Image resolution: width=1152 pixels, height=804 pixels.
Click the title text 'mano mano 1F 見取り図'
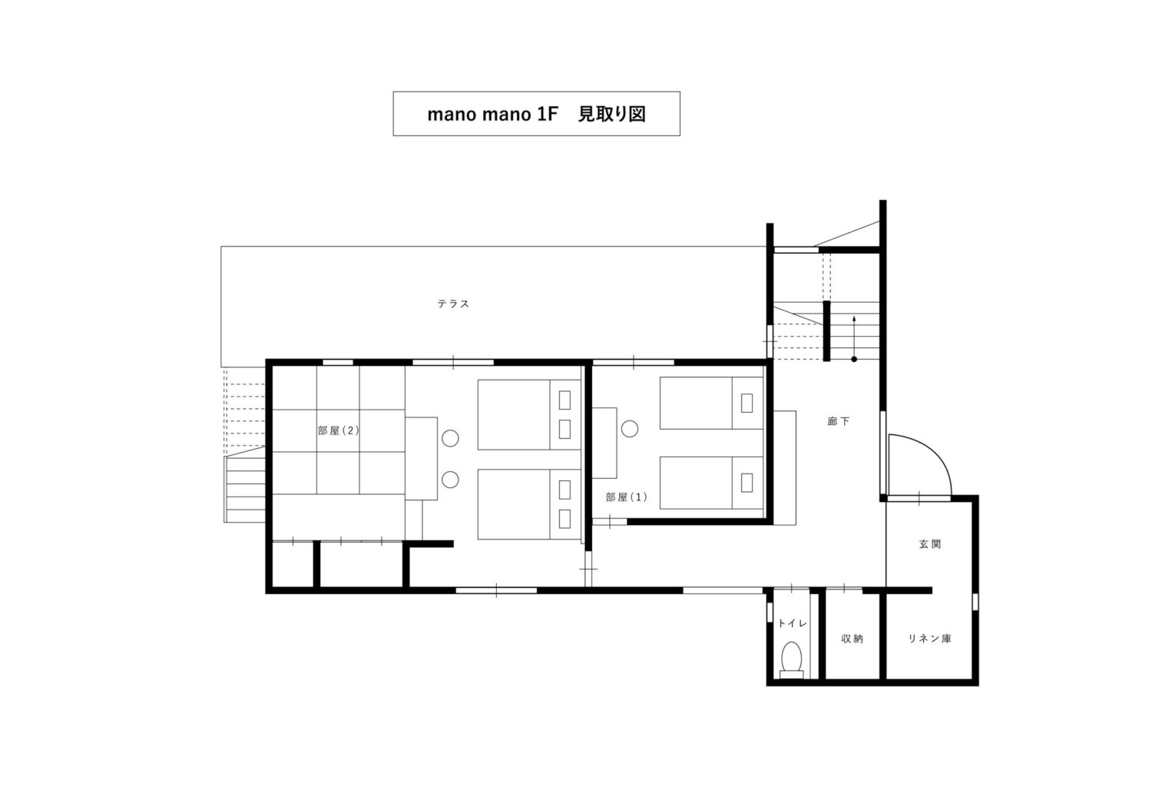click(x=536, y=114)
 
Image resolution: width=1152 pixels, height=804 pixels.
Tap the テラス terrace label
click(x=453, y=304)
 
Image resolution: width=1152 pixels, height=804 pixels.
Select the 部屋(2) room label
click(x=338, y=430)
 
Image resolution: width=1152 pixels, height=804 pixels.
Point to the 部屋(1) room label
click(x=626, y=497)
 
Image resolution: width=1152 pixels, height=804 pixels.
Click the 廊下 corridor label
click(x=839, y=421)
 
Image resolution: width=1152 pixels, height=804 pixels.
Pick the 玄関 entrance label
click(x=930, y=543)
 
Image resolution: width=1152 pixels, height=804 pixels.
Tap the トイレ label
click(x=792, y=623)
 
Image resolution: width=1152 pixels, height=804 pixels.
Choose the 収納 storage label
click(x=852, y=638)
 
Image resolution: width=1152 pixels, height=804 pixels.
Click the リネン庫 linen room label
click(x=929, y=638)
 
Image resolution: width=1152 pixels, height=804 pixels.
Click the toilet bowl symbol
click(x=792, y=660)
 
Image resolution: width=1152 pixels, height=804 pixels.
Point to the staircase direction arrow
click(x=854, y=337)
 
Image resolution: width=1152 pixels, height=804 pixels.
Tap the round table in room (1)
click(x=630, y=428)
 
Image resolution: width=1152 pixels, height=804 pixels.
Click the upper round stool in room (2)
click(x=450, y=438)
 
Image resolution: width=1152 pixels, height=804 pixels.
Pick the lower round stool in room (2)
click(x=450, y=480)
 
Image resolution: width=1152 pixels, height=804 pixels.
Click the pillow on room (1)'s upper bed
click(x=746, y=403)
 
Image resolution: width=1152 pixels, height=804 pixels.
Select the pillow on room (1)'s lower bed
click(x=746, y=483)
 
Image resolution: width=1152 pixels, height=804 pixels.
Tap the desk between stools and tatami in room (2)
click(x=421, y=458)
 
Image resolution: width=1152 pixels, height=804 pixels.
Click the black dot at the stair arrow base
click(x=854, y=359)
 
